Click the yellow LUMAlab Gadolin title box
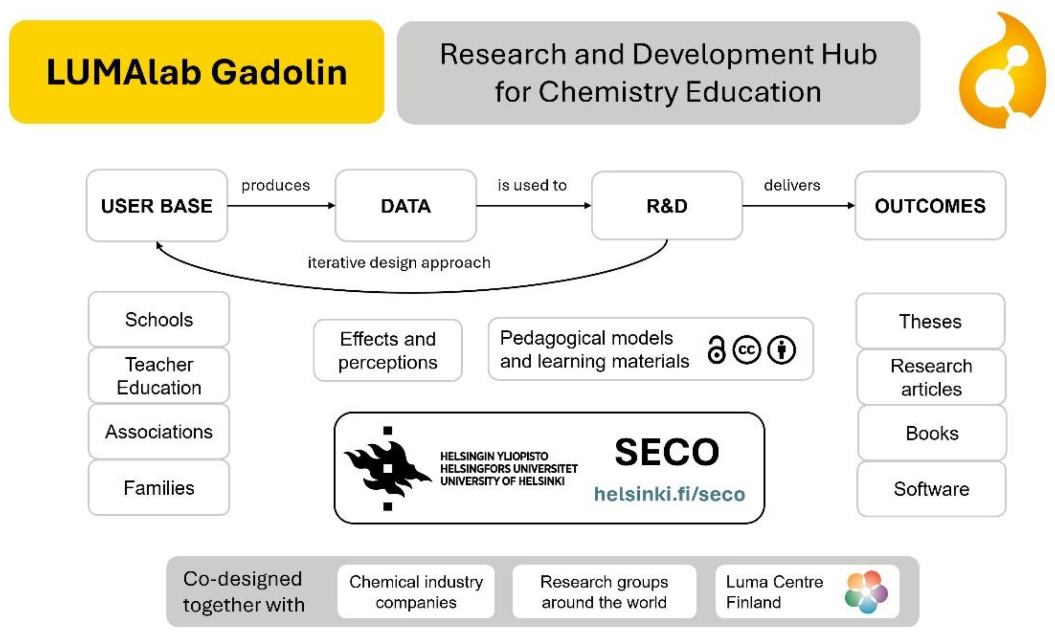197,72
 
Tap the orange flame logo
1002,71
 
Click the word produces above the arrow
275,185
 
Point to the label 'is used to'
532,185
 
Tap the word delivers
792,185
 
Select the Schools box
159,320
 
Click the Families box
159,488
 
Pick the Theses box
930,322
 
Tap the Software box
931,489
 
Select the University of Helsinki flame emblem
388,468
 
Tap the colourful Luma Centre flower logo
866,592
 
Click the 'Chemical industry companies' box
416,592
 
